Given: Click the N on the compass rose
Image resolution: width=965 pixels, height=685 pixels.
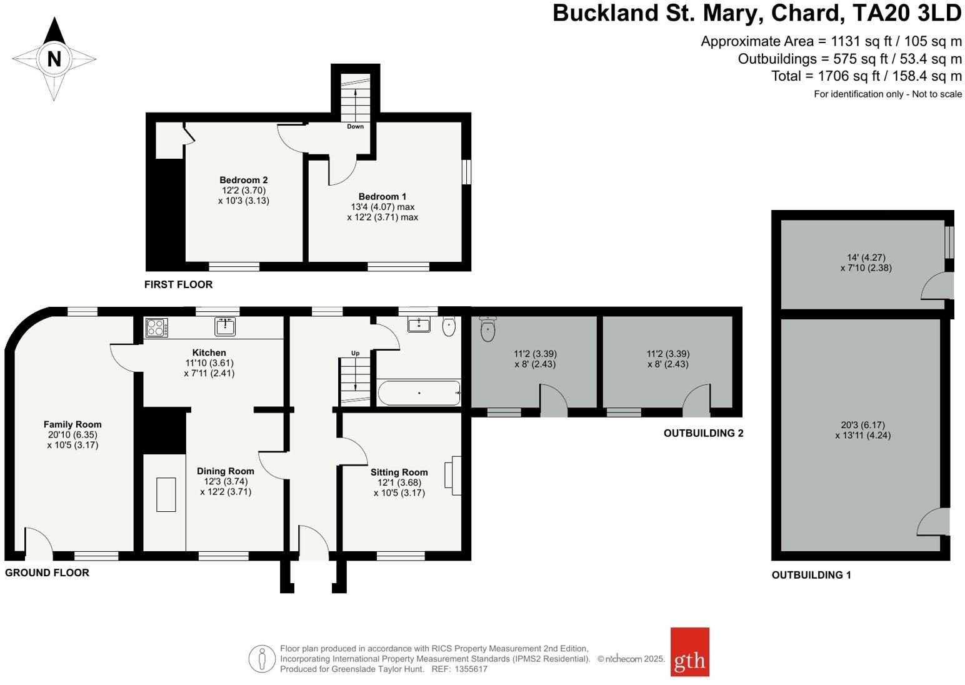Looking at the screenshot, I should (x=54, y=59).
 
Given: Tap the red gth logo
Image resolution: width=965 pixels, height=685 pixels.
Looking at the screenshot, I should (x=689, y=652).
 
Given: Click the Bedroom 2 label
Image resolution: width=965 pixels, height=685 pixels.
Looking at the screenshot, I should (x=243, y=180).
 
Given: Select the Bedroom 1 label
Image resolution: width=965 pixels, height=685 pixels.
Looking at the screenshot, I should (x=382, y=196).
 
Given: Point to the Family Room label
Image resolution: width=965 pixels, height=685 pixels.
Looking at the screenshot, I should (x=72, y=424).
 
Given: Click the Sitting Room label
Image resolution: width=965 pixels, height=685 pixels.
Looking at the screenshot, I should (x=399, y=472).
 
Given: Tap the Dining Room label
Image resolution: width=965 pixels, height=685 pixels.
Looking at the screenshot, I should (x=225, y=471).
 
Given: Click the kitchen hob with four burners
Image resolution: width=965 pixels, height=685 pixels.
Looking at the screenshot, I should (x=156, y=327).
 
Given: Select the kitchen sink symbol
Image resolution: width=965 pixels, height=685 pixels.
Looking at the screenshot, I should (x=225, y=326).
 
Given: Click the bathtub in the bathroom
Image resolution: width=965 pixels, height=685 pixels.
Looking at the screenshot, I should (x=419, y=393).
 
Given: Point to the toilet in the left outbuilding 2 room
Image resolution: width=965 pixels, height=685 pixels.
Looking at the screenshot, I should (x=487, y=329).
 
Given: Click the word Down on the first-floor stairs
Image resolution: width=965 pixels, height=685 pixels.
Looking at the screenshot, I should (x=355, y=126).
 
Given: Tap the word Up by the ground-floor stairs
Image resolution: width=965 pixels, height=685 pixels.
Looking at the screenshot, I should (x=355, y=353).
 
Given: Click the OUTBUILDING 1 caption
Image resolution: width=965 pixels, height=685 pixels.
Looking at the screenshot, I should (x=811, y=575).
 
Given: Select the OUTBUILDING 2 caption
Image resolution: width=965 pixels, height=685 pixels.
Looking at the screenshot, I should (x=703, y=433).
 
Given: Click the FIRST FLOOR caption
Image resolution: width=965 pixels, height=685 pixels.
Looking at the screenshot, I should (x=178, y=284).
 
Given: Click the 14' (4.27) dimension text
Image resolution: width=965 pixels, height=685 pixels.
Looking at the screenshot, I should (x=866, y=257).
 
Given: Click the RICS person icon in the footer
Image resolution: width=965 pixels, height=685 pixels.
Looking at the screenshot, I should (x=261, y=659).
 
